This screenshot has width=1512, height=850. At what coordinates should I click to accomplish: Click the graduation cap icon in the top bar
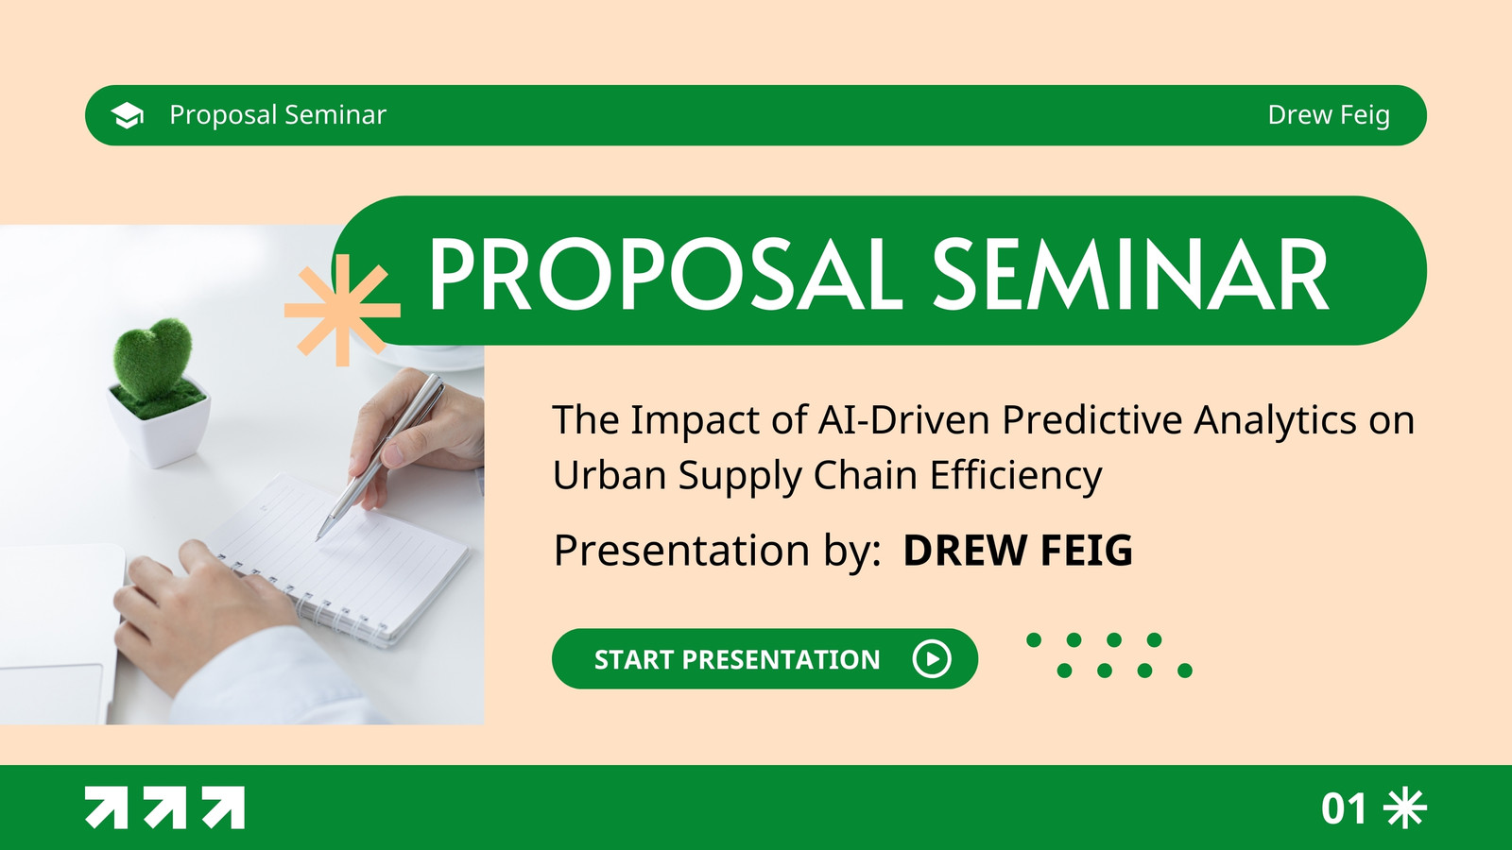point(127,115)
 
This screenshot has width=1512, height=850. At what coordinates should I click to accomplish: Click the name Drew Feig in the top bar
point(1329,115)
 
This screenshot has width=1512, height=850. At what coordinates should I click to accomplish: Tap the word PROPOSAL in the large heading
point(665,274)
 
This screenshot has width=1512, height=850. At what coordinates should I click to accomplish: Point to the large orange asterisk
point(342,311)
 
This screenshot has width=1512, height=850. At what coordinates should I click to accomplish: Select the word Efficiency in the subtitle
point(1016,476)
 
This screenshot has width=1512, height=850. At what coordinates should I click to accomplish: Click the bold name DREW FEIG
point(1018,551)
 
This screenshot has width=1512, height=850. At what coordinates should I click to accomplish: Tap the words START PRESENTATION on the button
point(737,660)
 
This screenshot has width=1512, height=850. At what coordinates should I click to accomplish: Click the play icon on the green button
point(932,658)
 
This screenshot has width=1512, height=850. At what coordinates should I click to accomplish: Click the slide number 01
point(1344,808)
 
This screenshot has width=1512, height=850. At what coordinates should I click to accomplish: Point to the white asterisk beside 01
point(1405,807)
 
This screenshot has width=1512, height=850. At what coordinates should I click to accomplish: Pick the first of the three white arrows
point(106,807)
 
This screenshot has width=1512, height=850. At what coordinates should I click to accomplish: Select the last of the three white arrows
point(223,807)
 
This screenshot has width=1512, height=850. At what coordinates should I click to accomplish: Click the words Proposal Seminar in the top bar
point(278,115)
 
